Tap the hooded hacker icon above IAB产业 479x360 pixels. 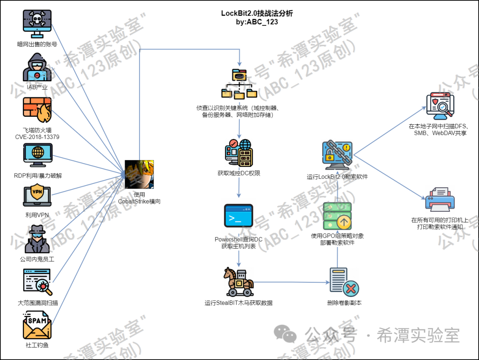(37, 67)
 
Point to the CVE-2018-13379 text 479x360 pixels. (37, 137)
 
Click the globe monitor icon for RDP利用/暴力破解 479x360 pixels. (37, 155)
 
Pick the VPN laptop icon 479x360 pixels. (37, 197)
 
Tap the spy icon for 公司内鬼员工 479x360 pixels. (37, 239)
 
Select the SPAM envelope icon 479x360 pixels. (37, 326)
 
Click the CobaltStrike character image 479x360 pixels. (139, 174)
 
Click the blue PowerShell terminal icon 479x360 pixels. (239, 217)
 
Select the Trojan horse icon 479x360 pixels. (239, 281)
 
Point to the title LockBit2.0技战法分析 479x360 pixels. (257, 14)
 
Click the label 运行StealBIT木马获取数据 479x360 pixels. (239, 303)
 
